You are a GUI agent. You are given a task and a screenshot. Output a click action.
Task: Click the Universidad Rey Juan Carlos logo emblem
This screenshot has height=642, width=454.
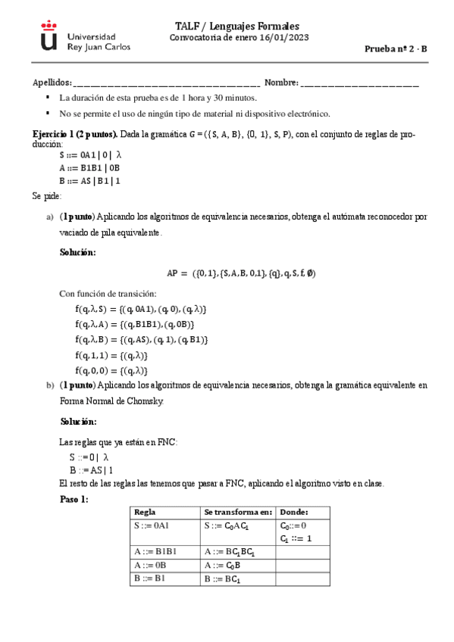click(x=49, y=36)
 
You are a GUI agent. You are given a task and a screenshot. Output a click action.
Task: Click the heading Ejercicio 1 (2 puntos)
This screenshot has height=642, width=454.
click(x=74, y=134)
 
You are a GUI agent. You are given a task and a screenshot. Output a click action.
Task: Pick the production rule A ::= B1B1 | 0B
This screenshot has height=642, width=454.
click(x=89, y=168)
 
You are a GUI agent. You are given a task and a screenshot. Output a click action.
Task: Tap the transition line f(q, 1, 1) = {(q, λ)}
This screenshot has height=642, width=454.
click(x=111, y=355)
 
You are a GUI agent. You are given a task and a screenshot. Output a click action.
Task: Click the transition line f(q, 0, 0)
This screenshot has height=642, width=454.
click(x=111, y=370)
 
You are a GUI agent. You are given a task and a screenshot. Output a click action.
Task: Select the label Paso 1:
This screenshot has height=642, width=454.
click(x=74, y=500)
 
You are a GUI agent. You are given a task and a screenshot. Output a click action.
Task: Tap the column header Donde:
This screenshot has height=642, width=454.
click(x=294, y=513)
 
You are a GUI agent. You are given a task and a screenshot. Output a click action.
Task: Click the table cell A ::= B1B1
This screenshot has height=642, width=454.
click(x=155, y=552)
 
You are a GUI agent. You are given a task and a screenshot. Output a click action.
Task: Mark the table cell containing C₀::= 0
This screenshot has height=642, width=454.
click(x=293, y=525)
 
